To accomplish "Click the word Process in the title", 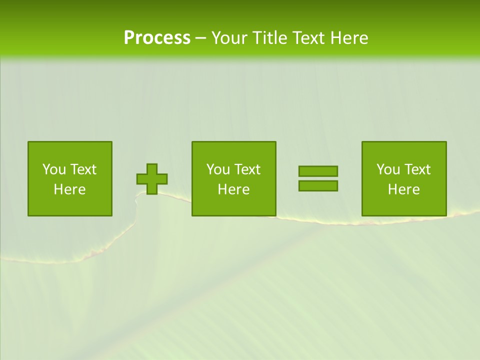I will tap(157, 38).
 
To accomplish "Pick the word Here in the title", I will tap(350, 38).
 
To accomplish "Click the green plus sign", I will tap(152, 179).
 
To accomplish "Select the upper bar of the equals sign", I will tap(318, 171).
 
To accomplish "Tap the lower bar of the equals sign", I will tap(318, 185).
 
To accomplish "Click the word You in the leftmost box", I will tap(54, 169).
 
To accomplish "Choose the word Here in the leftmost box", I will tap(69, 189).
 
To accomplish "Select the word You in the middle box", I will tap(218, 169).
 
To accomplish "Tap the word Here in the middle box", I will tap(233, 189).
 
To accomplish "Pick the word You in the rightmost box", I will tap(388, 169).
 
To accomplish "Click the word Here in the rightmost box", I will tap(403, 189).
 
